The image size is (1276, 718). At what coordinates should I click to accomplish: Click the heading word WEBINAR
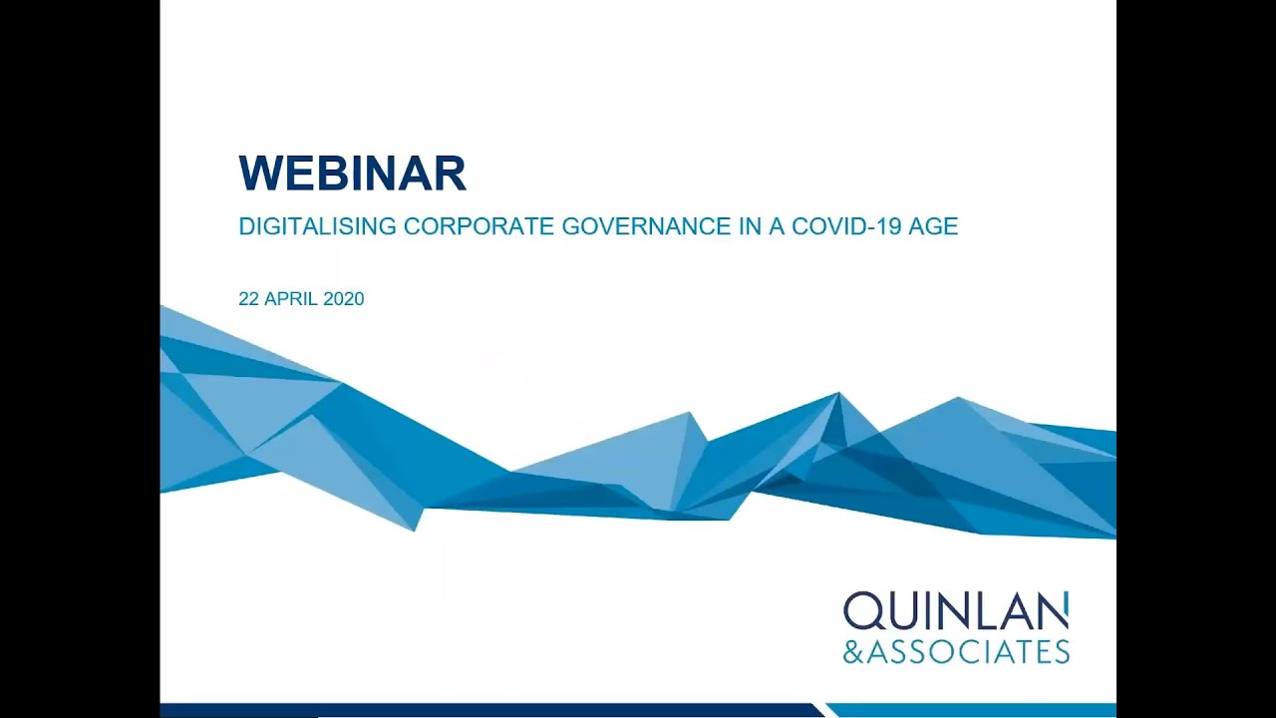352,174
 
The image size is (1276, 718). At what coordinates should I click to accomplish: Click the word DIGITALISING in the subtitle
317,226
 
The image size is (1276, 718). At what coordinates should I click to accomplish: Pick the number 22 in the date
248,298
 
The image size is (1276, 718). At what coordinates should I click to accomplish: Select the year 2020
344,298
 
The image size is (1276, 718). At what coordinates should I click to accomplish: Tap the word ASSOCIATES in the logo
969,652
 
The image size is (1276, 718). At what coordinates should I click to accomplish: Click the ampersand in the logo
854,652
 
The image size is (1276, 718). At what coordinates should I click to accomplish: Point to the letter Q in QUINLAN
861,612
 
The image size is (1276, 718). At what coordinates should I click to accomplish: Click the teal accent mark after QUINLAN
1066,600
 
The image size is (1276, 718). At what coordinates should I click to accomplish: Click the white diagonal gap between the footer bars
825,710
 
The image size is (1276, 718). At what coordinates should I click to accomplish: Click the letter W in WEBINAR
261,174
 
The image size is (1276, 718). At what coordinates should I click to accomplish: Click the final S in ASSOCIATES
1060,652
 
